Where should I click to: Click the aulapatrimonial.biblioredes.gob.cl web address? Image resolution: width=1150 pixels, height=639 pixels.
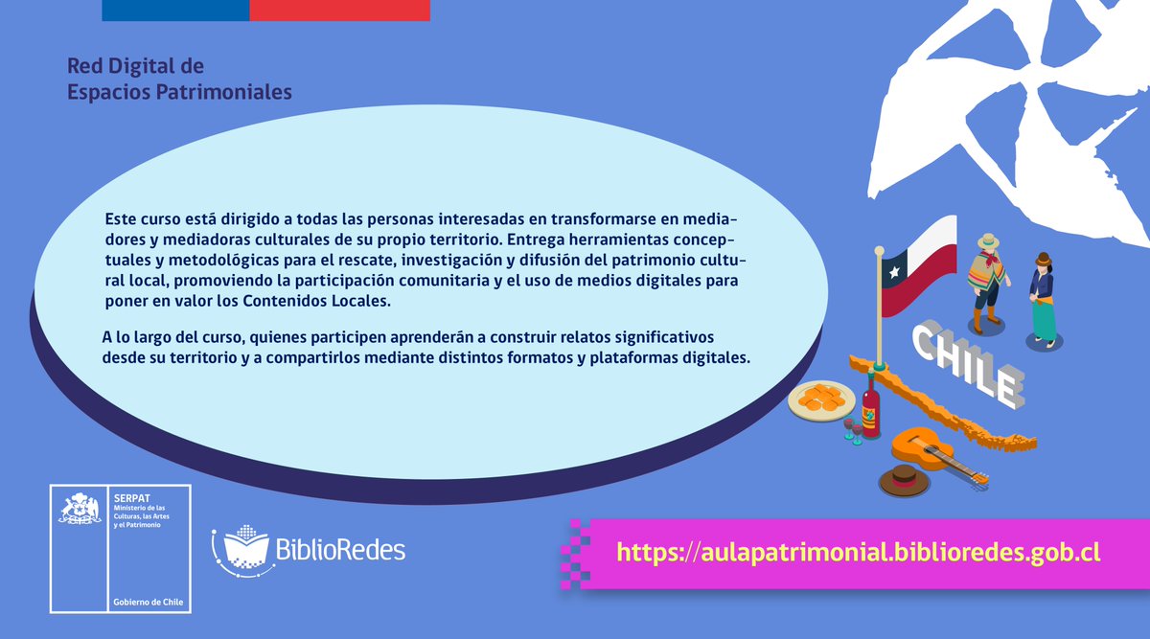click(858, 553)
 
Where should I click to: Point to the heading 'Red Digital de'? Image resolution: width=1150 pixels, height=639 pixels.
click(135, 67)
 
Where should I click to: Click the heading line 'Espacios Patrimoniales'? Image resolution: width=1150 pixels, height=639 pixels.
click(179, 92)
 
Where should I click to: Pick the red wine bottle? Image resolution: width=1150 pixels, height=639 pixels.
click(870, 407)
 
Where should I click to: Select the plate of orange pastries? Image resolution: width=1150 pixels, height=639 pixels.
click(821, 397)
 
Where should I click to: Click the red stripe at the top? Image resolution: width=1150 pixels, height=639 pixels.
click(339, 10)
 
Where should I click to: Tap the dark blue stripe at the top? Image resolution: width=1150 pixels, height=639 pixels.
click(174, 10)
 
